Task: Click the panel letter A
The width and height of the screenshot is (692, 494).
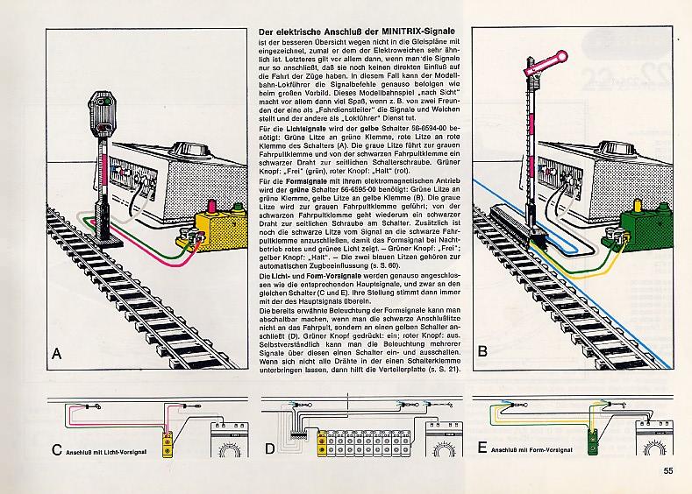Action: point(57,354)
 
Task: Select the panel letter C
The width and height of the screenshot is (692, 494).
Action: point(56,451)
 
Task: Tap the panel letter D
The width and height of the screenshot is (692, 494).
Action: point(270,451)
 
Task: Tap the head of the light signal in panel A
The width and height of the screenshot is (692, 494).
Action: point(103,112)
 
